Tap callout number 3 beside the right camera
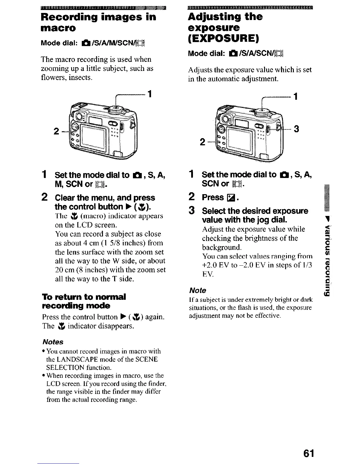click(x=296, y=129)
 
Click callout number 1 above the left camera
click(x=150, y=94)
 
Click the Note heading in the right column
click(x=198, y=290)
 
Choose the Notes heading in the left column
click(x=53, y=342)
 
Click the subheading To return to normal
click(x=84, y=297)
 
